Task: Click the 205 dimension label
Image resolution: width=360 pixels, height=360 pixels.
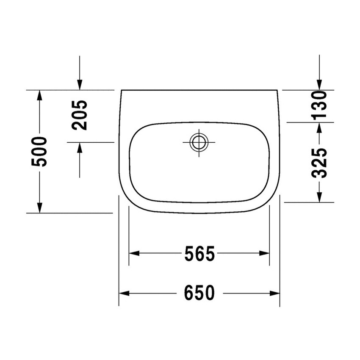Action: click(x=79, y=115)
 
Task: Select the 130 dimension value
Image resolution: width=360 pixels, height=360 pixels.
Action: click(x=320, y=105)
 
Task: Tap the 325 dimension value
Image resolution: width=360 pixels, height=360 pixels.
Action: click(x=320, y=163)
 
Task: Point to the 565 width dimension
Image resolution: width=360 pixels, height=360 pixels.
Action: click(x=199, y=254)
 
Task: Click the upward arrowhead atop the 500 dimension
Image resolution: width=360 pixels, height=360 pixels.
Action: click(x=39, y=95)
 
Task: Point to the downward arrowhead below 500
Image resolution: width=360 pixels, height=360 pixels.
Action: click(x=39, y=208)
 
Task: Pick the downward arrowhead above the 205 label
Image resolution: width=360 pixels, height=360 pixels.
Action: click(x=79, y=84)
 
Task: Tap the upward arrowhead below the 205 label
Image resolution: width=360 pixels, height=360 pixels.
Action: click(x=79, y=148)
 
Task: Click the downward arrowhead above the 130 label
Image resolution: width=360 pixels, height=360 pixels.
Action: click(x=320, y=84)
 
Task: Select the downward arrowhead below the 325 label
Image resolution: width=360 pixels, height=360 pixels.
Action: click(x=320, y=197)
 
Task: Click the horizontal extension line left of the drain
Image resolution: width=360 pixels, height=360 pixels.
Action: click(x=91, y=142)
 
